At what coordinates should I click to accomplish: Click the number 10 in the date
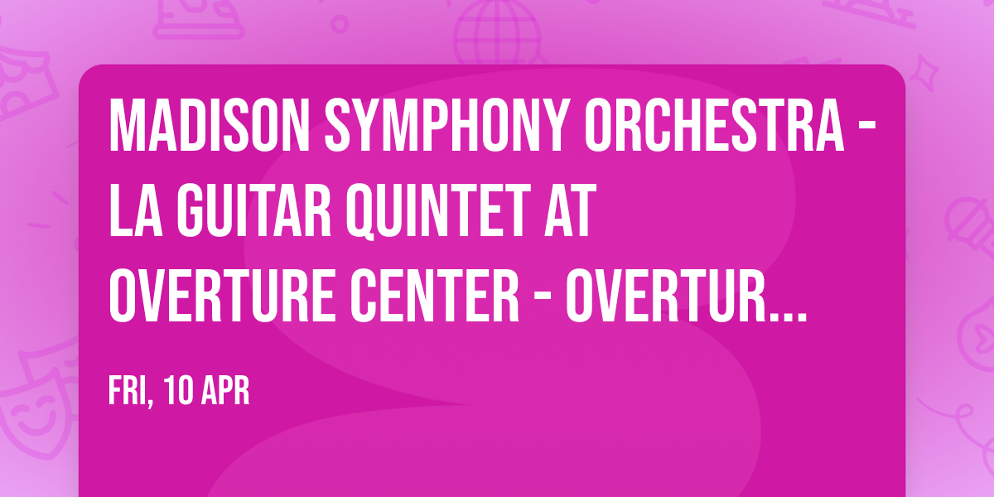pos(180,391)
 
